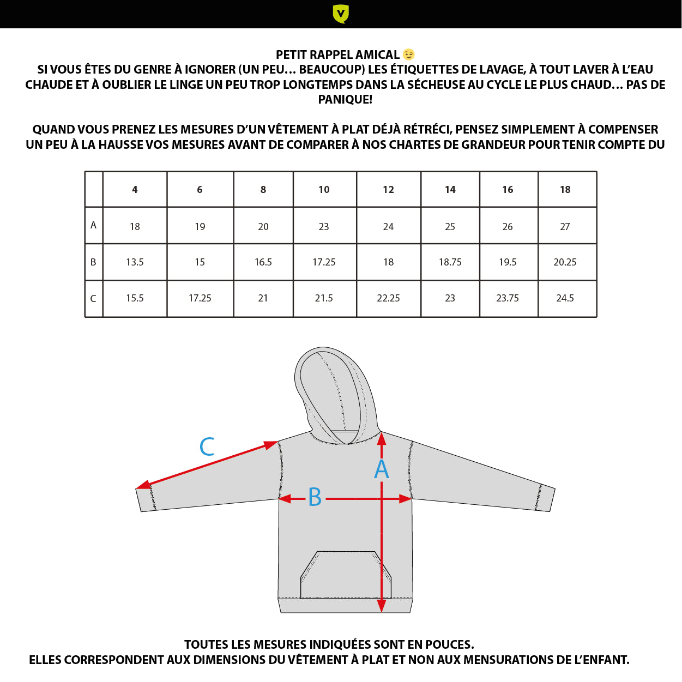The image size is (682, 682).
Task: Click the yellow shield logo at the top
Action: coord(341,14)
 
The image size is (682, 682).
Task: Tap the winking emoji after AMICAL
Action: coord(408,55)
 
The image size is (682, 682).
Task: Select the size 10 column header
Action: coord(324,190)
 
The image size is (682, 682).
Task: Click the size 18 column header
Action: coord(565,190)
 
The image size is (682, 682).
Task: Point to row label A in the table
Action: coord(93,225)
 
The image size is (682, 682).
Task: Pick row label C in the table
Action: coord(93,298)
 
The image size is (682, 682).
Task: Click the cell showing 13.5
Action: coord(135,262)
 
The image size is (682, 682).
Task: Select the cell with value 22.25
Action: coord(388,298)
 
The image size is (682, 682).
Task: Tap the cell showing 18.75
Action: coord(450,262)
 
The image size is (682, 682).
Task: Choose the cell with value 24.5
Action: coord(565,298)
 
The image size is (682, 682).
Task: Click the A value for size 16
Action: coord(507,226)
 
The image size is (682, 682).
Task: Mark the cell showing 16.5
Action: coord(263,262)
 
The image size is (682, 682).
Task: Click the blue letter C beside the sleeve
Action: coord(207,447)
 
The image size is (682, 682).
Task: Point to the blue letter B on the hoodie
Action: coord(315,497)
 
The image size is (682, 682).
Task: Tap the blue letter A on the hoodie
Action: coord(382,469)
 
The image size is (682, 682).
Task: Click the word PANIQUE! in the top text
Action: coord(345,99)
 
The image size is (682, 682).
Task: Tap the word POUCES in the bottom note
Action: coord(449,645)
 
